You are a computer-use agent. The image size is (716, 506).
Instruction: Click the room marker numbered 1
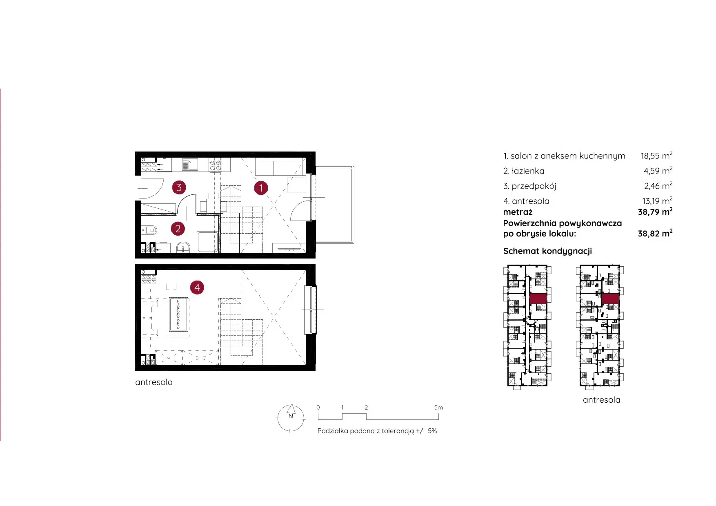click(x=261, y=188)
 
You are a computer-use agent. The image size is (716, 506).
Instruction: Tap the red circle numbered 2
click(x=178, y=228)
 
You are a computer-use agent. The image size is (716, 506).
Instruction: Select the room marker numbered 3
click(x=179, y=187)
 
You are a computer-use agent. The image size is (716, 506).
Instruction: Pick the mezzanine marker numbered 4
click(x=197, y=288)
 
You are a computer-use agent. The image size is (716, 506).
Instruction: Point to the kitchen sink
click(x=190, y=164)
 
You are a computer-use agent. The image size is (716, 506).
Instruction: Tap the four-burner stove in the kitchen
click(x=216, y=165)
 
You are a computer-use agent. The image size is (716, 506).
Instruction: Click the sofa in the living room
click(x=280, y=167)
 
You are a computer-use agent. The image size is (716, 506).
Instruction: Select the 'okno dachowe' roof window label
click(x=178, y=314)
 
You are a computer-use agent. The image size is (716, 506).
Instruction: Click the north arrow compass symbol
click(x=291, y=417)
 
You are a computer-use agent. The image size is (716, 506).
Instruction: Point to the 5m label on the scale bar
click(x=438, y=408)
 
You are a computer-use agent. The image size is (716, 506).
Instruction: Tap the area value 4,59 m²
click(x=658, y=170)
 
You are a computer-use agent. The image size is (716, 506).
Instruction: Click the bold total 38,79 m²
click(x=655, y=212)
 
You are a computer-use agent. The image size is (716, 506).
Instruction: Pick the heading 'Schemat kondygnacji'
click(x=547, y=251)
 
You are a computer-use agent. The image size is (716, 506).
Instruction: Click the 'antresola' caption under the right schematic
click(x=601, y=400)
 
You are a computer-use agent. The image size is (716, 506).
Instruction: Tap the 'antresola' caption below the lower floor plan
click(x=154, y=382)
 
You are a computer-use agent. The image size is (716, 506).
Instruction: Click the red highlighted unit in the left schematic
click(x=538, y=299)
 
